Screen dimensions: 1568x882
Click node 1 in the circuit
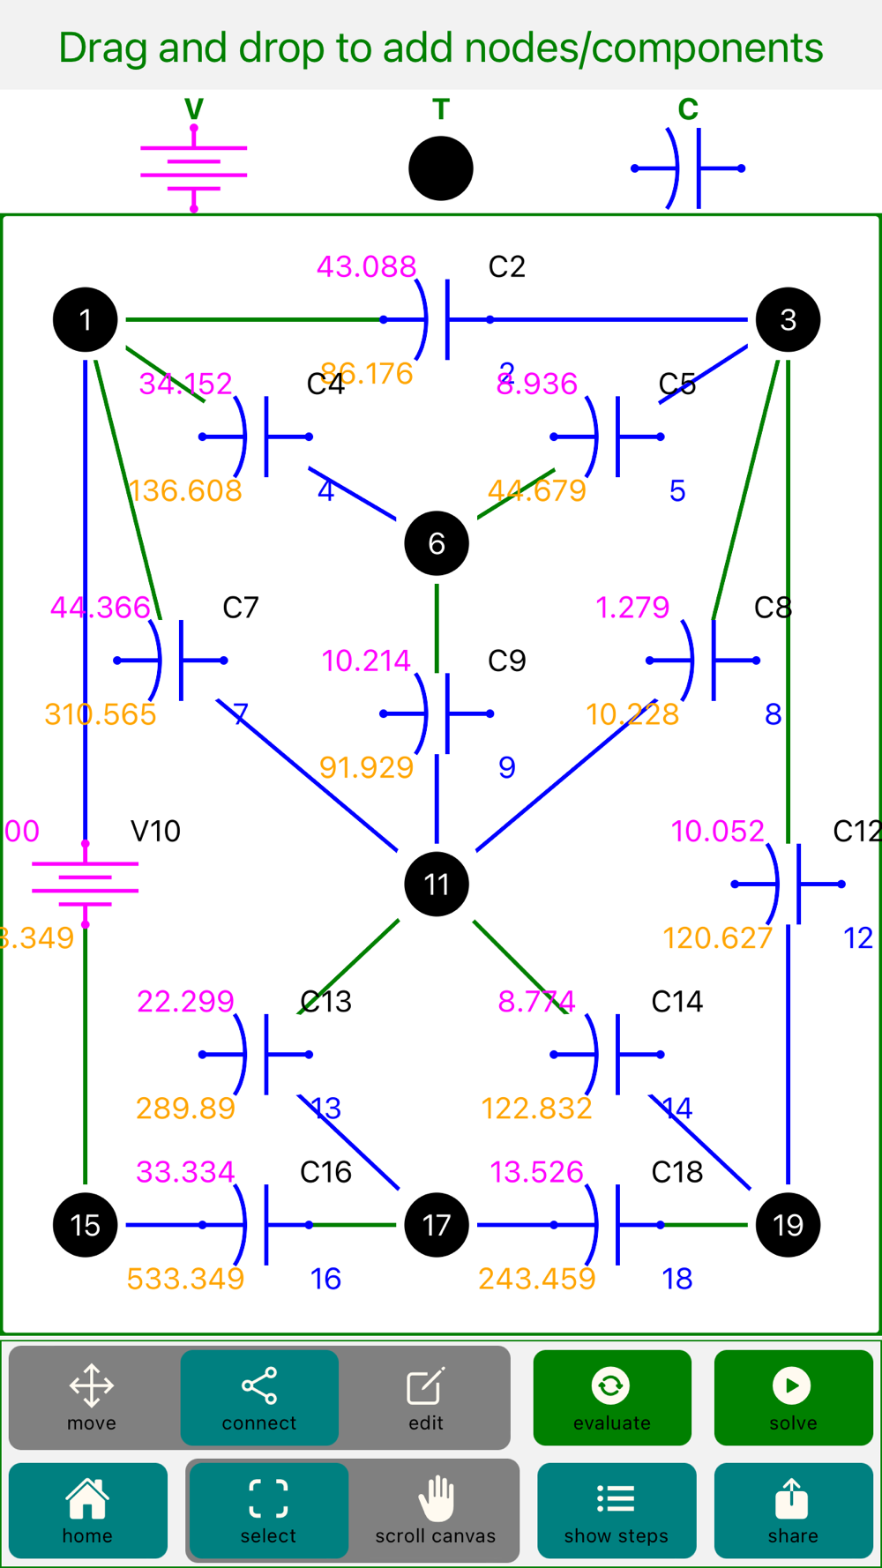[x=86, y=319]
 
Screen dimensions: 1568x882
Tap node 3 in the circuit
[x=788, y=319]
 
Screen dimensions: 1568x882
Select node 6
[x=437, y=543]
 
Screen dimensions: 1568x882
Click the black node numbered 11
[x=437, y=884]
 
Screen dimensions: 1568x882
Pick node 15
[x=86, y=1225]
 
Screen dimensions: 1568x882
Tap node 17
[x=437, y=1225]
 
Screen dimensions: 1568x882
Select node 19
[x=788, y=1225]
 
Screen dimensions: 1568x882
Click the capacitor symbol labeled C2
[x=437, y=319]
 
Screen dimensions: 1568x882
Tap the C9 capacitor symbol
[x=437, y=713]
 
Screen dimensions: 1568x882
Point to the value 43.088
[x=366, y=266]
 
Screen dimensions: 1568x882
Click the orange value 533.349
[x=185, y=1279]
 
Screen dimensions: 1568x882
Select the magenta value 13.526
[x=536, y=1172]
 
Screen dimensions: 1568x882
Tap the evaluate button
[x=612, y=1398]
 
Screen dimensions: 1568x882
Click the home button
[x=87, y=1511]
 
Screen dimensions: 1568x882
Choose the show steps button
[x=616, y=1511]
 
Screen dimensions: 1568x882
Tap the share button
[x=793, y=1511]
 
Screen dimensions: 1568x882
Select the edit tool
[x=425, y=1398]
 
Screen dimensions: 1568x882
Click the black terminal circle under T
[x=441, y=168]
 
